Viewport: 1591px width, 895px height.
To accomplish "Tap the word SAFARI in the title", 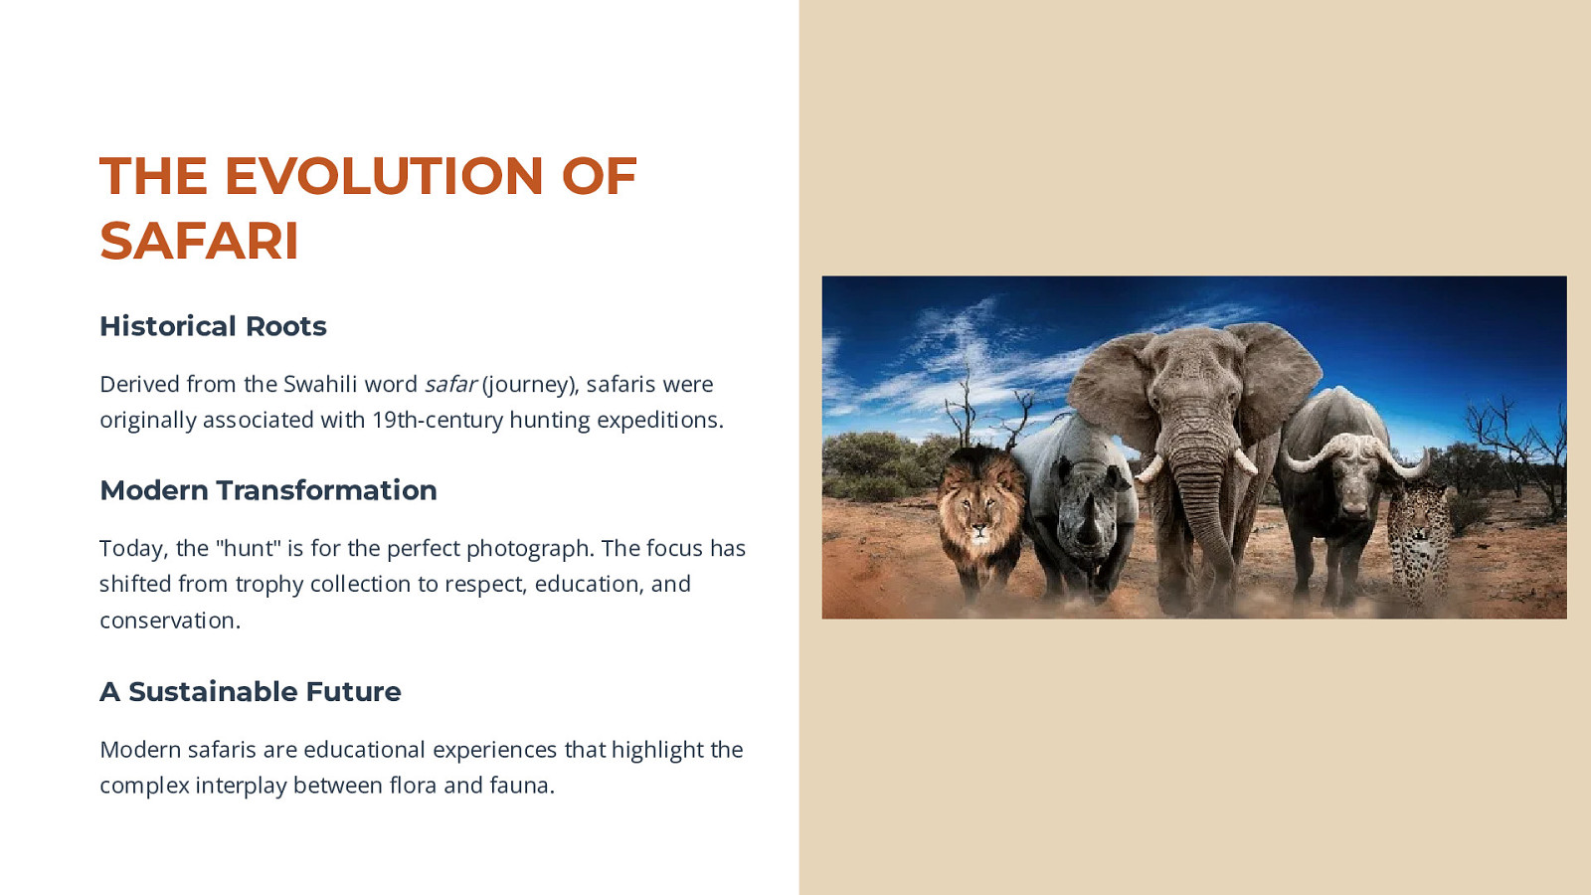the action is click(199, 241).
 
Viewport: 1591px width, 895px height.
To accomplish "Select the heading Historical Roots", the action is click(213, 326).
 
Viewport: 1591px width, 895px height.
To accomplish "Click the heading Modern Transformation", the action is click(268, 490).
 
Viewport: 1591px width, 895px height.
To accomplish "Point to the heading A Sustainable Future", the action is click(250, 691).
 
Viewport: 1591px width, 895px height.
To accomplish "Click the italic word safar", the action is click(450, 384).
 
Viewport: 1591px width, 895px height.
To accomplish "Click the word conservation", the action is click(170, 621).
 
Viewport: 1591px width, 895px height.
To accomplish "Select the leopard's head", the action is click(1418, 518).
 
